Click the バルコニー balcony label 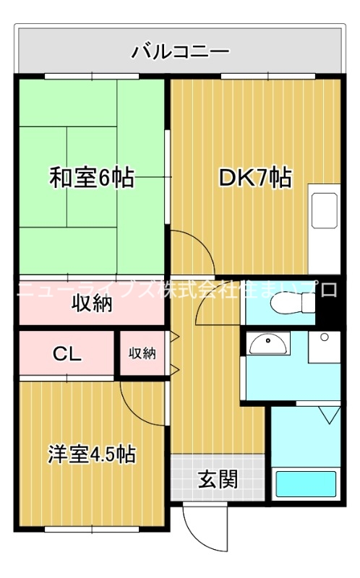pos(180,52)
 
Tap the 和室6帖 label pos(91,178)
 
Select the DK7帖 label pos(255,178)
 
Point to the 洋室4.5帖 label pos(92,454)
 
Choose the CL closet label pos(67,355)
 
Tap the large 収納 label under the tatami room pos(91,304)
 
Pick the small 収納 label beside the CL pos(142,353)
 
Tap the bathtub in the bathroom pos(307,484)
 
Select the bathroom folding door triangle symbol pos(329,415)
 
